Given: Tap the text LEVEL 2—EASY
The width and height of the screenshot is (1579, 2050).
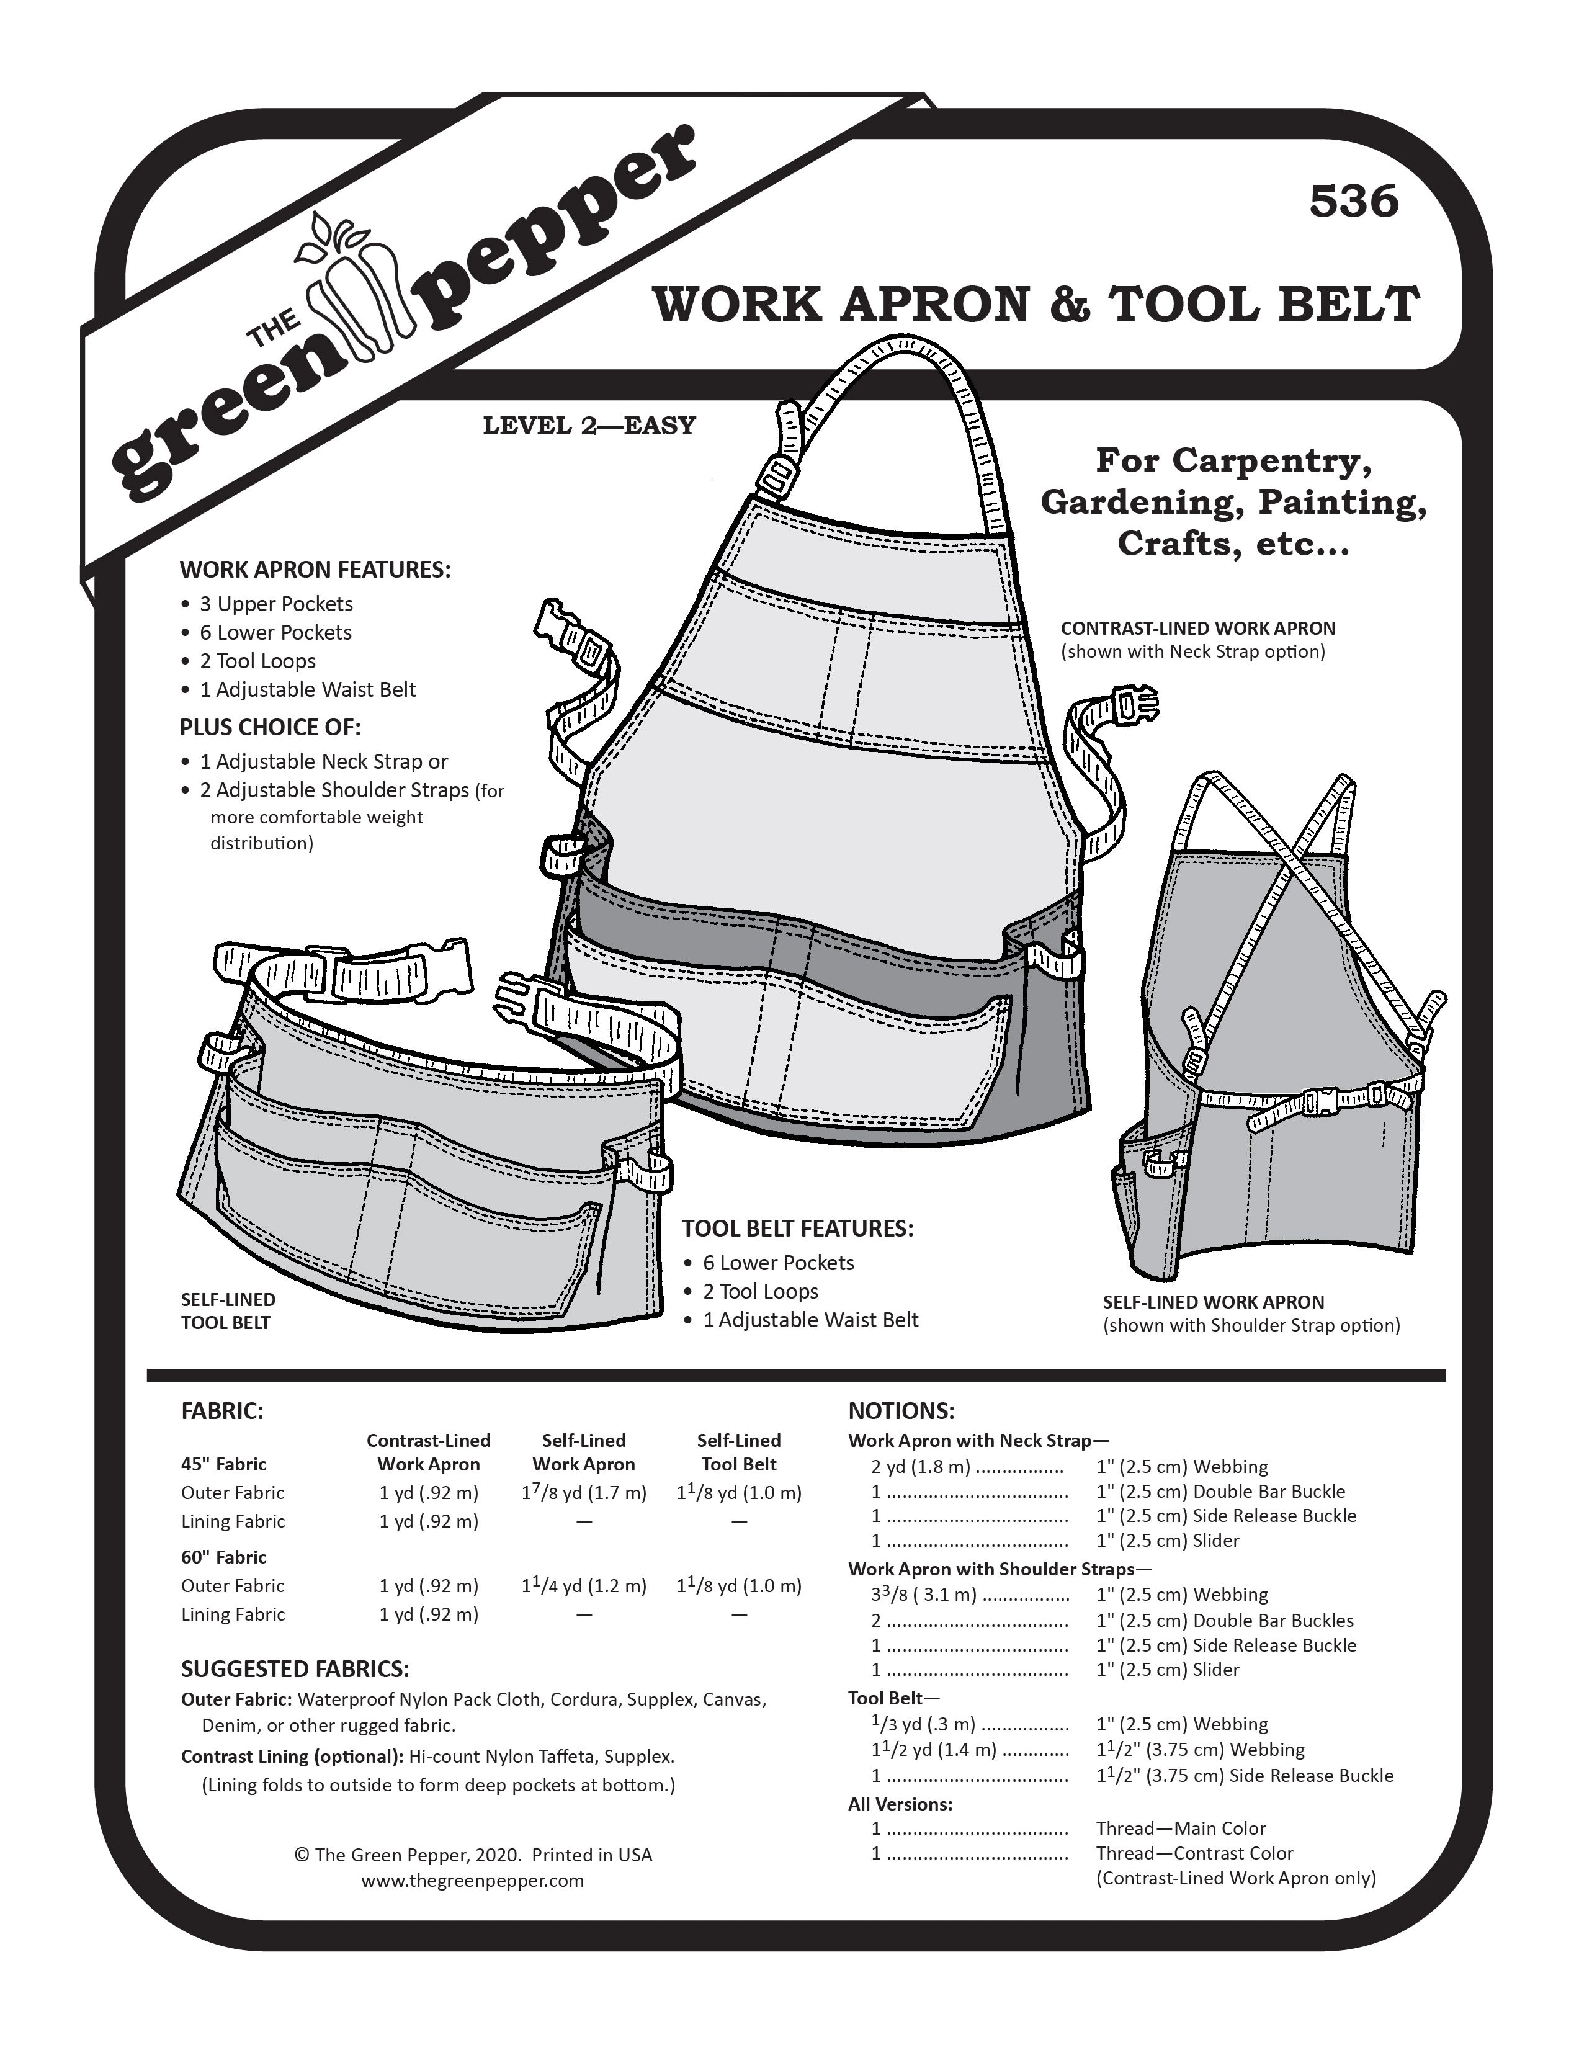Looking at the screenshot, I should point(589,426).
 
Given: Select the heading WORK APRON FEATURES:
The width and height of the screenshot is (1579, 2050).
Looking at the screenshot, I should point(315,570).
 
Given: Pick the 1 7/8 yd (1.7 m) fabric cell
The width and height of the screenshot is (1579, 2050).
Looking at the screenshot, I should point(583,1492).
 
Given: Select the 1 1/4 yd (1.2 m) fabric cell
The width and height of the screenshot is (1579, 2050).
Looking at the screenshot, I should point(583,1585).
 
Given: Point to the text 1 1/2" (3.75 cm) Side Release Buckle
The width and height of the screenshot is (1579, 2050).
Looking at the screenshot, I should point(1244,1775).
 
